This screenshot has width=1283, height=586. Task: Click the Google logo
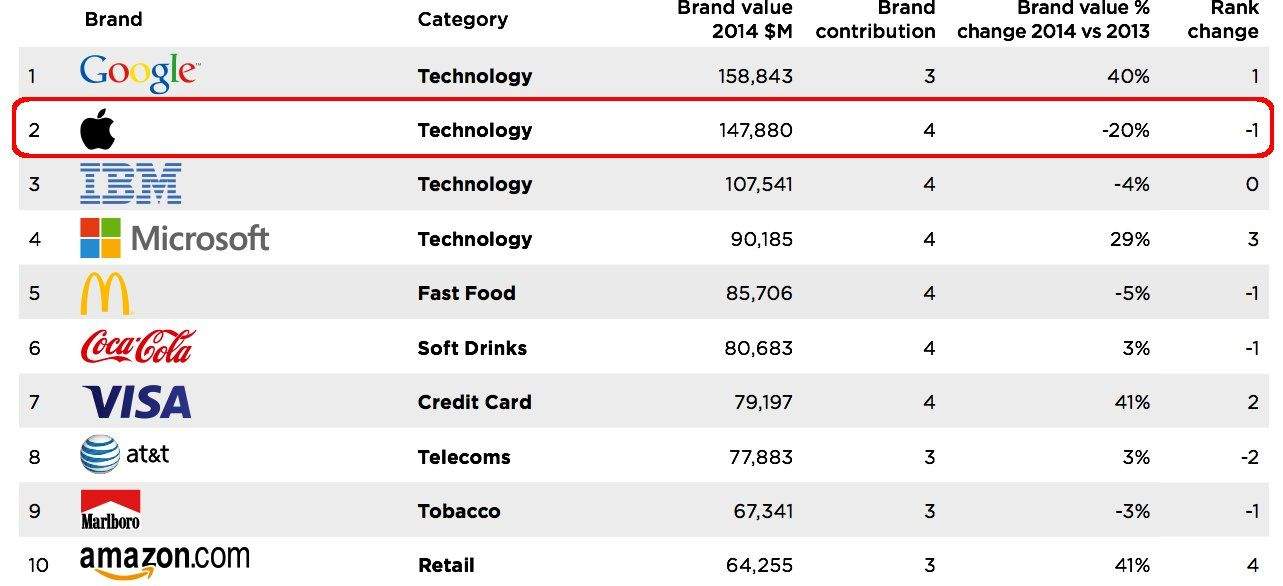[x=139, y=74]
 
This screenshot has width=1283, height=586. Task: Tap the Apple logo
[x=98, y=130]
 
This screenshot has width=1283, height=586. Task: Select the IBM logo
[x=130, y=184]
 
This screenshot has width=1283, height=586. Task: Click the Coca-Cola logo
[x=137, y=347]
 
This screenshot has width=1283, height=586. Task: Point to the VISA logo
[x=137, y=402]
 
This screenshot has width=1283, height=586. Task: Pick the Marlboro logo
[x=110, y=510]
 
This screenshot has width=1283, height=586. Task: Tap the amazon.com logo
[x=164, y=562]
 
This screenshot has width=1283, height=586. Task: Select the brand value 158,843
[x=755, y=76]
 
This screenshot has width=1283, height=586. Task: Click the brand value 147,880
[x=755, y=130]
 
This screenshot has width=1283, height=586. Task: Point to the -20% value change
[x=1126, y=130]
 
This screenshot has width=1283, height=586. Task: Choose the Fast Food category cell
[x=466, y=293]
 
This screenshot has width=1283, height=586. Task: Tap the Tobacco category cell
[x=460, y=511]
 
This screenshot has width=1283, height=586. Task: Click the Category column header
[x=462, y=19]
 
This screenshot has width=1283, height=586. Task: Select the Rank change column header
[x=1222, y=20]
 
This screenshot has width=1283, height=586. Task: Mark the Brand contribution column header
[x=876, y=20]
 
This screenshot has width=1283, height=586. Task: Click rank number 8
[x=34, y=457]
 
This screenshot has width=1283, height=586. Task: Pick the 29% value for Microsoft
[x=1131, y=239]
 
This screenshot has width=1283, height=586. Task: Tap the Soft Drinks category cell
[x=472, y=348]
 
